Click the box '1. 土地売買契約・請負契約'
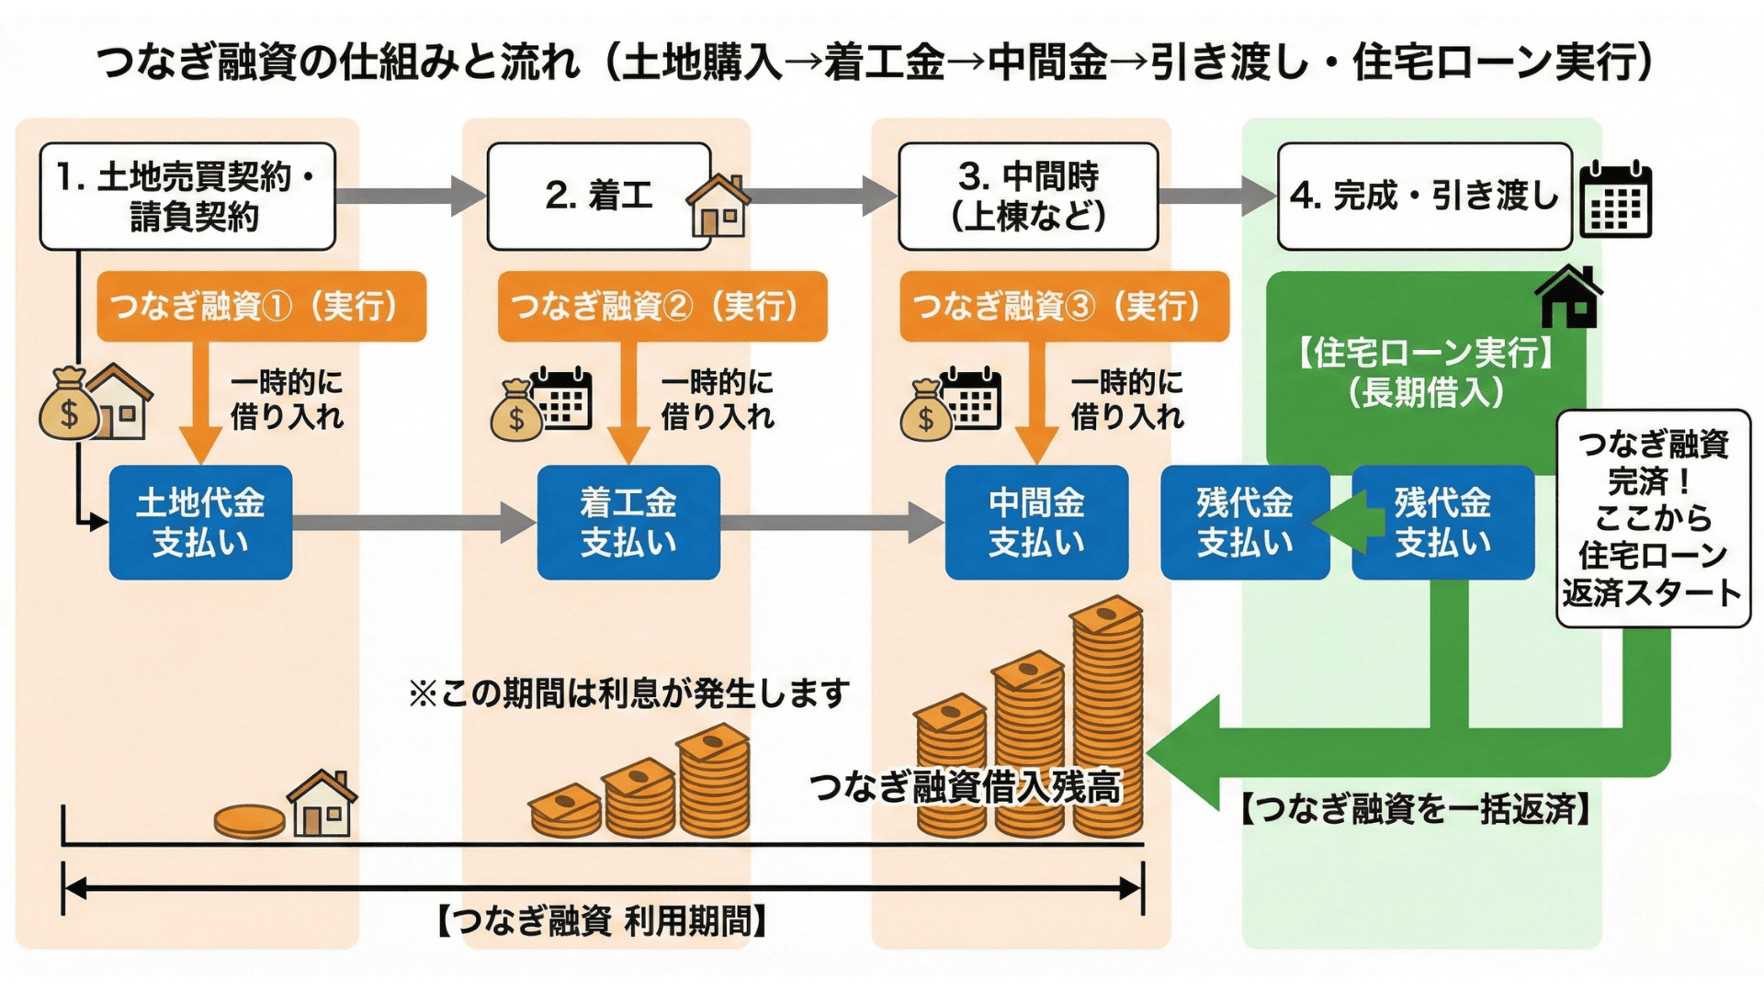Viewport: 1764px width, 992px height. (x=187, y=197)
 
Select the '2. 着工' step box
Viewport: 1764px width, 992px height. (x=599, y=197)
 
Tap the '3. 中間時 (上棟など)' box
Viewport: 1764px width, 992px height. (x=1028, y=197)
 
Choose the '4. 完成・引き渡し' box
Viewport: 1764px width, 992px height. (x=1424, y=197)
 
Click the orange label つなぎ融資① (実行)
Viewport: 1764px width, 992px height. (x=261, y=307)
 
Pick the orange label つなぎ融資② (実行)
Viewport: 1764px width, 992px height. (x=661, y=307)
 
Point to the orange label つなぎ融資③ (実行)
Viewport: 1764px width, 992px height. (x=1064, y=307)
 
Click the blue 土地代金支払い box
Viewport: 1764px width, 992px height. (x=200, y=523)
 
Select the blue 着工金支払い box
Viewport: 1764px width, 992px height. (x=628, y=523)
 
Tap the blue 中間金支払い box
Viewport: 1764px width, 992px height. (x=1036, y=523)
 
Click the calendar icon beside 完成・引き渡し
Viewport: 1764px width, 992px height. (x=1615, y=199)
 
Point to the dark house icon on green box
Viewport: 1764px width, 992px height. (x=1569, y=297)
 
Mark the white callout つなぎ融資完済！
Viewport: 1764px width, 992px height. (x=1653, y=519)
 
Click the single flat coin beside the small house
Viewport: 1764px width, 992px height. (x=249, y=820)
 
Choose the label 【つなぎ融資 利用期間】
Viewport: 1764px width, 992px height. (x=602, y=920)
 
